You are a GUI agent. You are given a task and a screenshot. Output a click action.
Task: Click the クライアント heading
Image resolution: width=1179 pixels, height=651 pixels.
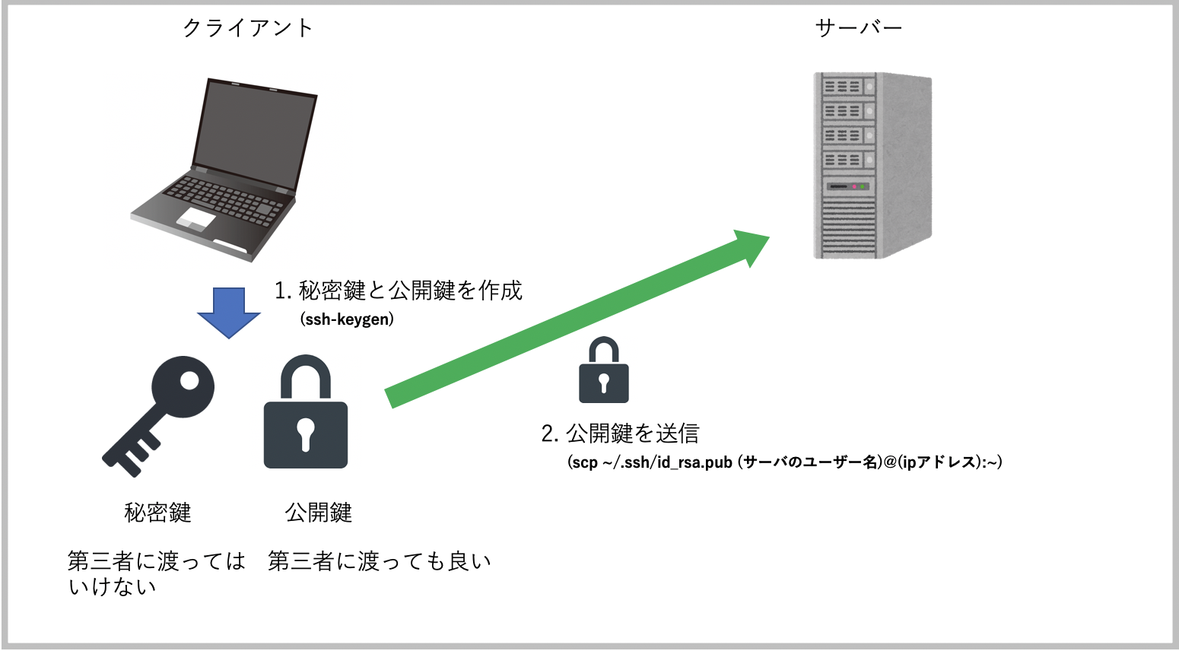point(247,28)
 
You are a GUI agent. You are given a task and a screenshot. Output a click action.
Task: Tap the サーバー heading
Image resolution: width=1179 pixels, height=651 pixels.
point(858,28)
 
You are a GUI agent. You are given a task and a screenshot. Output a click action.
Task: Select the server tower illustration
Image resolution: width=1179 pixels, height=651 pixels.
point(872,165)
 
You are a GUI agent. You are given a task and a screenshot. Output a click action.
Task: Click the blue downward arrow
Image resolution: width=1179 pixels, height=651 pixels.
point(229,312)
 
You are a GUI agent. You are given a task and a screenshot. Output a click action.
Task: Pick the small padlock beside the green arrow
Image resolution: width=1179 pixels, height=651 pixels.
point(604,370)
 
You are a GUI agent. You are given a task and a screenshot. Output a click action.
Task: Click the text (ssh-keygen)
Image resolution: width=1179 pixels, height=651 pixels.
point(347,319)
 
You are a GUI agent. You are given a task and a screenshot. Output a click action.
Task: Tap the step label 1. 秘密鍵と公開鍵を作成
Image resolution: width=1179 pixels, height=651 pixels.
point(398,291)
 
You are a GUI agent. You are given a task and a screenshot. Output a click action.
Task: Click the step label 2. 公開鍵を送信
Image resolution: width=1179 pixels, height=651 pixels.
point(620,433)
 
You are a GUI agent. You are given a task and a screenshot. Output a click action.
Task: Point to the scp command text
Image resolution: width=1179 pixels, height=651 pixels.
point(784,462)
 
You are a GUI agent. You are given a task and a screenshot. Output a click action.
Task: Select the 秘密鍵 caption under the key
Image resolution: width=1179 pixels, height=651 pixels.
point(157,513)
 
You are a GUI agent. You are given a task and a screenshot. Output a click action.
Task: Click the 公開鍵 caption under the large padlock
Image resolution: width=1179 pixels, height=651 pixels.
point(318,513)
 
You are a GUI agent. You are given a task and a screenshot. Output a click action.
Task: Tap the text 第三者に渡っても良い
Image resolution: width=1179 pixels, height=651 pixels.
point(379,561)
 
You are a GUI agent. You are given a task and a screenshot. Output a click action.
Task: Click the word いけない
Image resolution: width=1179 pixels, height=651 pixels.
point(112,587)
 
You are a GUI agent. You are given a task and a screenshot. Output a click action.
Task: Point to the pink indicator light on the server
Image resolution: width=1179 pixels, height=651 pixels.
point(854,186)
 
